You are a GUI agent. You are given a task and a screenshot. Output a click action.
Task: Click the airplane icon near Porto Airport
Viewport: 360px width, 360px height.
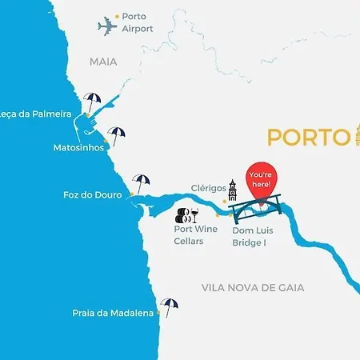pyautogui.click(x=108, y=26)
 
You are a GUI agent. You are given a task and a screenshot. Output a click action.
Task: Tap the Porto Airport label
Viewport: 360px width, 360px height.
pyautogui.click(x=138, y=22)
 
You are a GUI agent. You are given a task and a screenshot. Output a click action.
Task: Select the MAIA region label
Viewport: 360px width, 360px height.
pyautogui.click(x=103, y=61)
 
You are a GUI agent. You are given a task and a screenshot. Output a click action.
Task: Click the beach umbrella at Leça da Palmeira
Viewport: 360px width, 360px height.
pyautogui.click(x=92, y=103)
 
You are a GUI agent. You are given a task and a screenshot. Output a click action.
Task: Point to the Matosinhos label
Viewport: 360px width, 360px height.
pyautogui.click(x=78, y=147)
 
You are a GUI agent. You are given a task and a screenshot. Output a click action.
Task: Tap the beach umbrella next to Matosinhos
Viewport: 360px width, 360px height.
pyautogui.click(x=117, y=136)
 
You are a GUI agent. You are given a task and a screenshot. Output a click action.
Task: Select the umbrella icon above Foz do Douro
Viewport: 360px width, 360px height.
pyautogui.click(x=141, y=183)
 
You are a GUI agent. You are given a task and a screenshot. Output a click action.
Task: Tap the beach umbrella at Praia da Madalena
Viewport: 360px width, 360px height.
pyautogui.click(x=169, y=306)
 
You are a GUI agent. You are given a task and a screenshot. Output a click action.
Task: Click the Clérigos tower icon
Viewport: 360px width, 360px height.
pyautogui.click(x=233, y=191)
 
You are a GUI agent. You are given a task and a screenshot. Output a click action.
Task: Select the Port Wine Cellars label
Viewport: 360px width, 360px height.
pyautogui.click(x=195, y=234)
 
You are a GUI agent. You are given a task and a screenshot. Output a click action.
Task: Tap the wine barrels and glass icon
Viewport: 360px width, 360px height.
pyautogui.click(x=186, y=214)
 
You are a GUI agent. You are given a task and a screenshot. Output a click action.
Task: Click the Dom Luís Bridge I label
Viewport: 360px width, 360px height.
pyautogui.click(x=253, y=234)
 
